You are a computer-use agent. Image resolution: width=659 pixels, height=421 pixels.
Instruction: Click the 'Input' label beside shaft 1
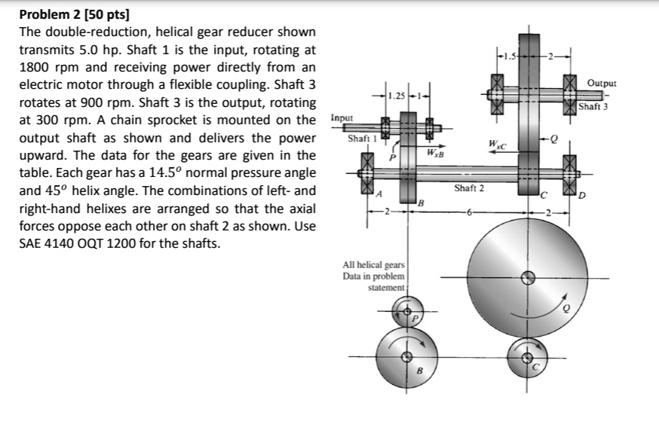[342, 118]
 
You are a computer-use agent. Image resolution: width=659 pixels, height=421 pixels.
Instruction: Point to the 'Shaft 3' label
[593, 107]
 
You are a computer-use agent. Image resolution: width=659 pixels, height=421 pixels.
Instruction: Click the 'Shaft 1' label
[360, 139]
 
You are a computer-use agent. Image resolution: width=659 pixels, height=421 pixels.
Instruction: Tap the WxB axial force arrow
[437, 148]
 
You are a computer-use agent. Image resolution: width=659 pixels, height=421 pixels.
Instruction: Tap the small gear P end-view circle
[408, 310]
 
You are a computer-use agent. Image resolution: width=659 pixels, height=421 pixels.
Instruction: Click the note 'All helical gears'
[374, 265]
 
